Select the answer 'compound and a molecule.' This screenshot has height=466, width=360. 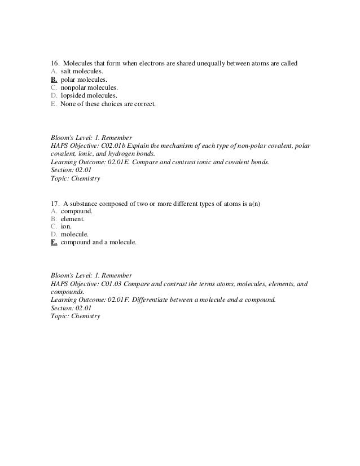click(98, 243)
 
